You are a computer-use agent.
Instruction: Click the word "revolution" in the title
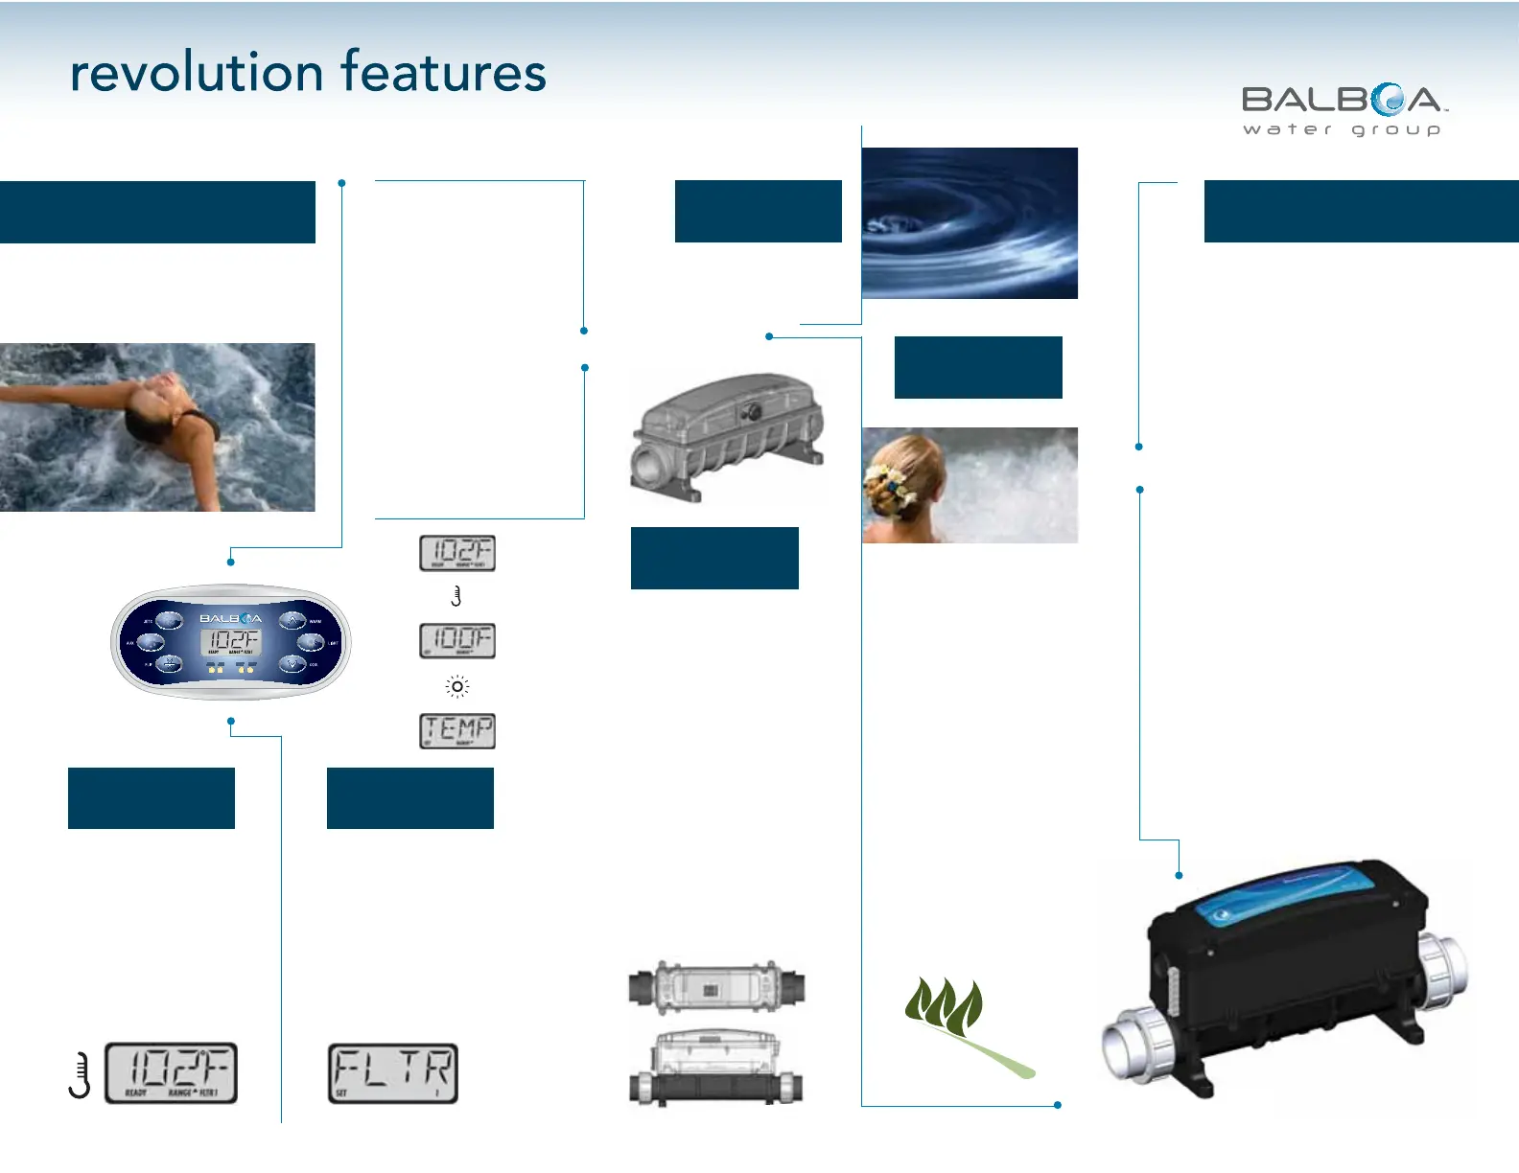[196, 73]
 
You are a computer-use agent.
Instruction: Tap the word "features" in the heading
[443, 73]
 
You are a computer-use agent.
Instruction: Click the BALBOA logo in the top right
[1344, 100]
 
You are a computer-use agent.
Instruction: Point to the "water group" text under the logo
[1342, 129]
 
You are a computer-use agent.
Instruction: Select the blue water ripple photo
[970, 222]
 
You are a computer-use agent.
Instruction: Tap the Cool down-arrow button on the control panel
[292, 663]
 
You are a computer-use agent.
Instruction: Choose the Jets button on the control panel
[169, 621]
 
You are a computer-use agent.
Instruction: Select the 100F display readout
[457, 640]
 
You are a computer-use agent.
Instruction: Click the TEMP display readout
[457, 730]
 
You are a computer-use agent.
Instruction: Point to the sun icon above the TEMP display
[457, 686]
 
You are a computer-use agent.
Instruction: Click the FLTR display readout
[393, 1073]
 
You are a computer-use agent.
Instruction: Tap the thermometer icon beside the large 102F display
[81, 1074]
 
